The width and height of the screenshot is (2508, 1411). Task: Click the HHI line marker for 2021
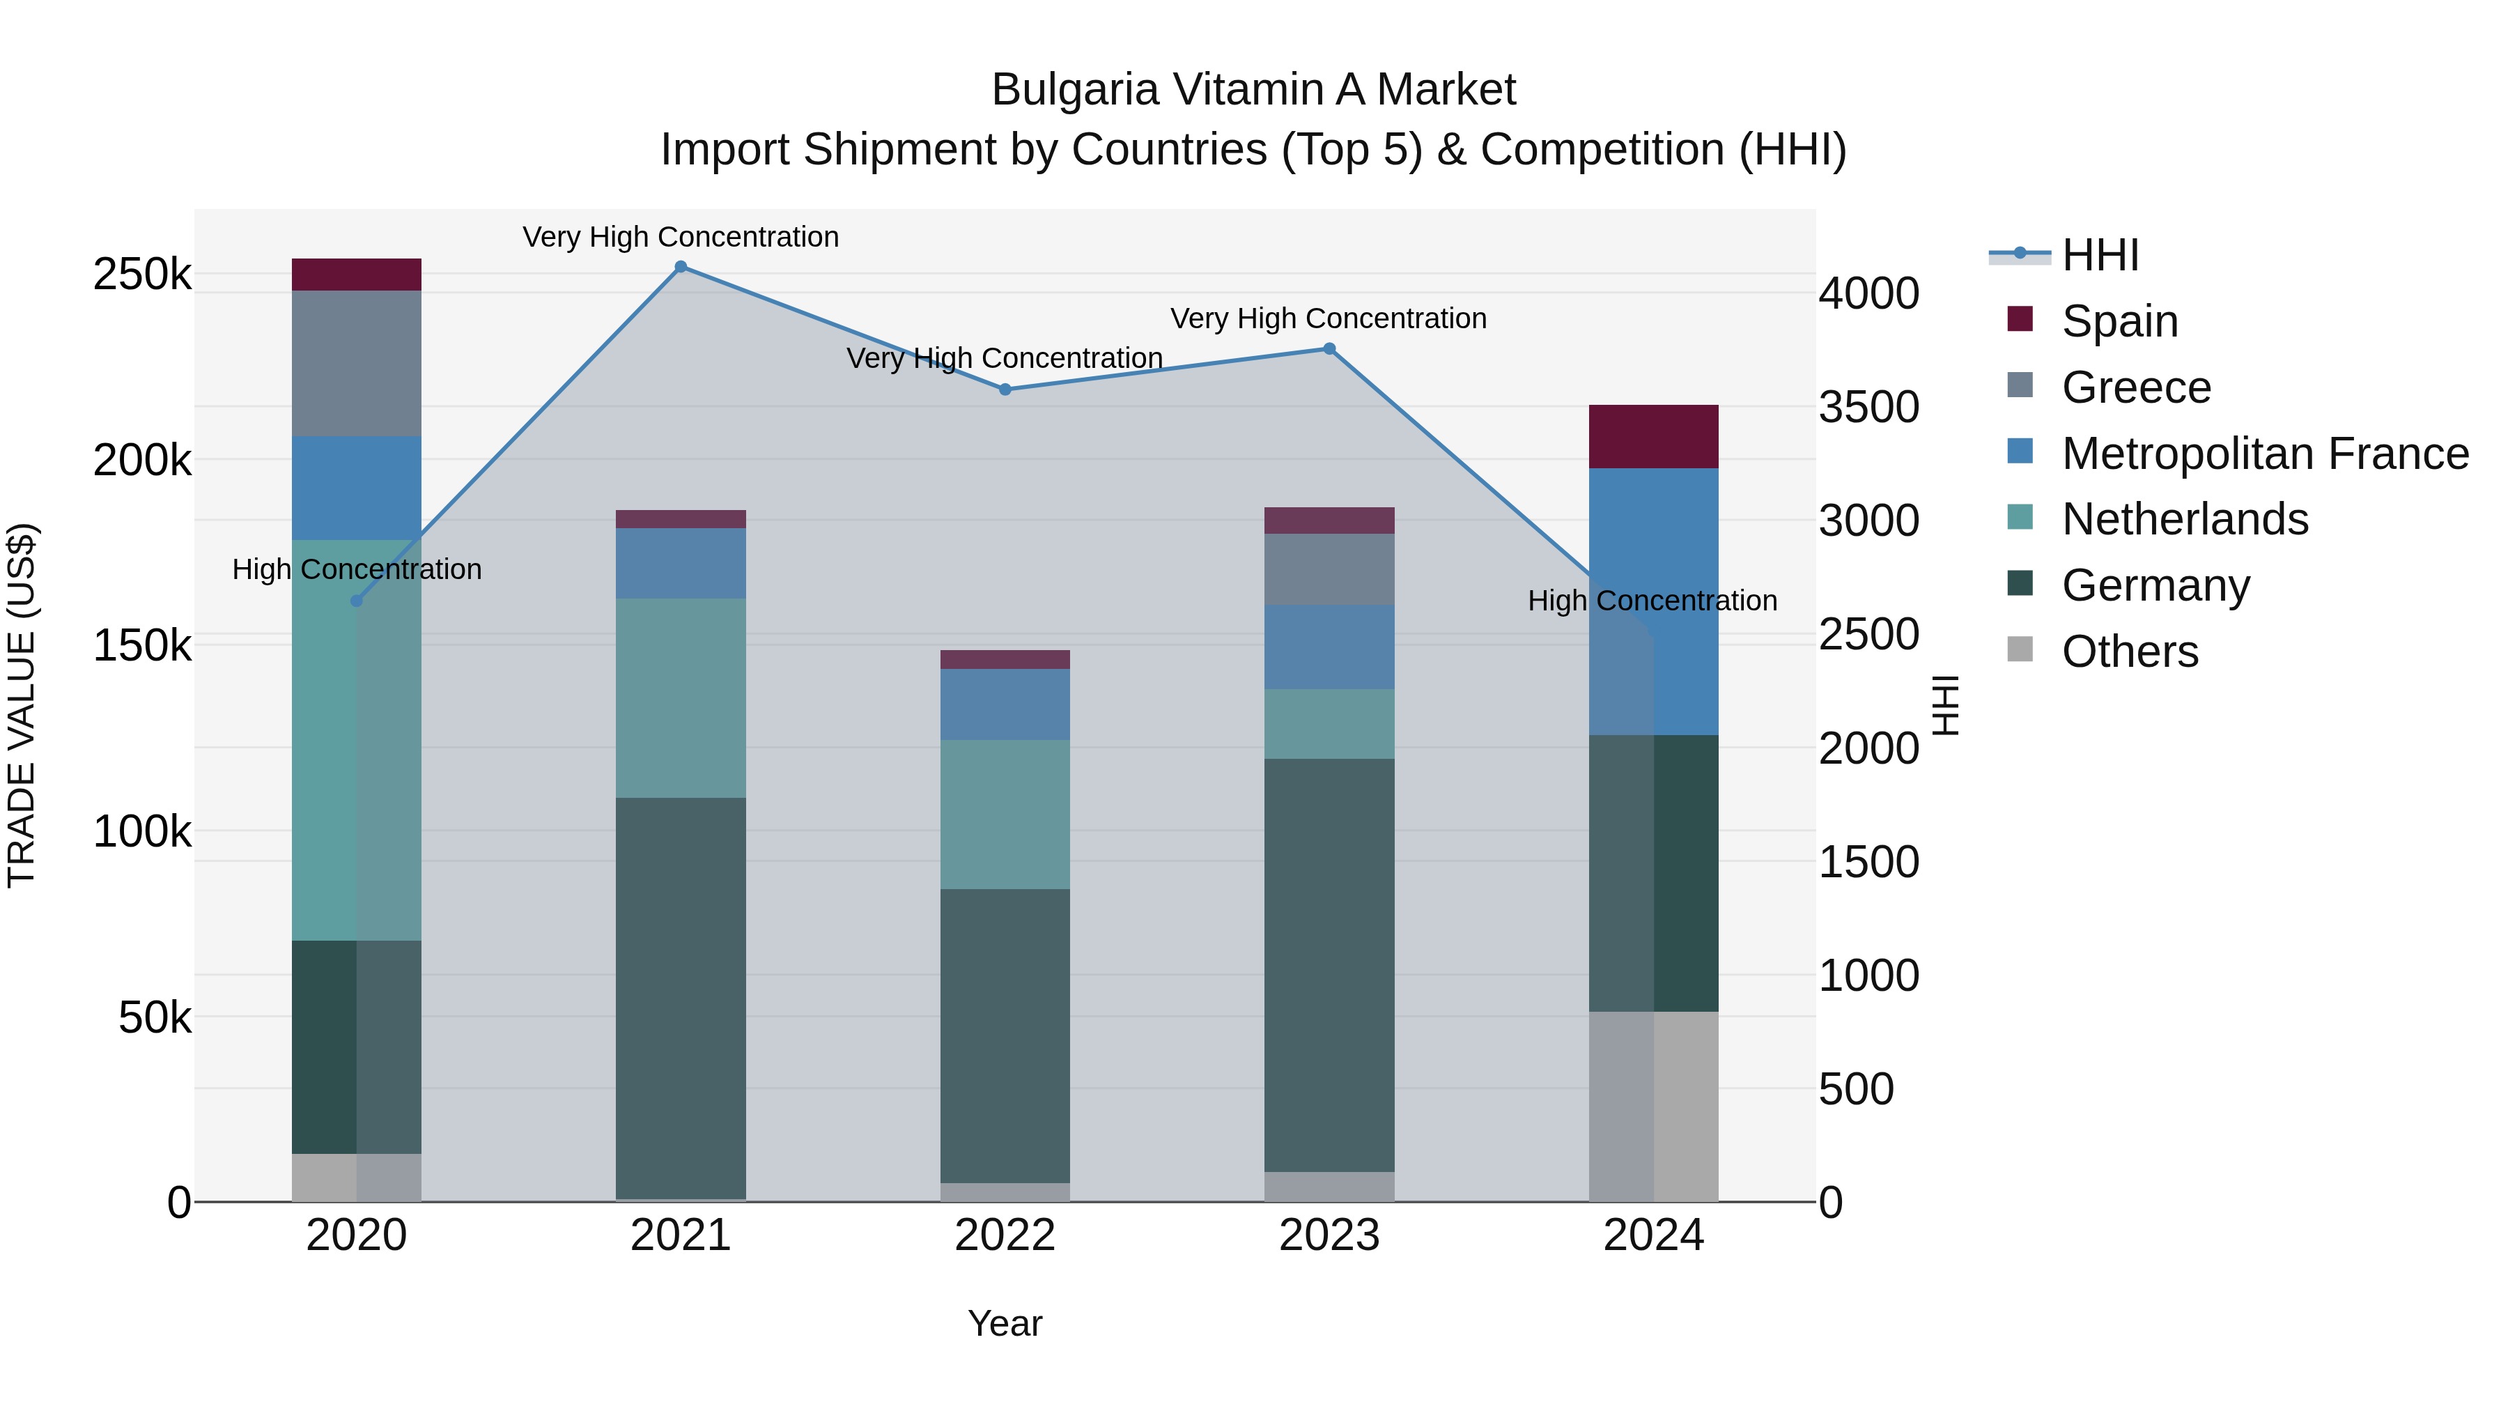[x=681, y=267]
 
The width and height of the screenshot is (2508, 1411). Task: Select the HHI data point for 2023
[x=1329, y=348]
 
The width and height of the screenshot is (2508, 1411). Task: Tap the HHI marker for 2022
[x=1005, y=390]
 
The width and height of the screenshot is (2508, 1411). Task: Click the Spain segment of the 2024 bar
[x=1653, y=436]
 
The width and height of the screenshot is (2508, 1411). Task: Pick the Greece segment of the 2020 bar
[x=356, y=363]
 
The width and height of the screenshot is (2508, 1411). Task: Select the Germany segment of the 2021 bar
[x=681, y=997]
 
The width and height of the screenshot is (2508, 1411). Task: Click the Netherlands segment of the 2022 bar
[x=1005, y=814]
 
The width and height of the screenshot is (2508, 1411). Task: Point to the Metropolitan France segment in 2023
[x=1329, y=647]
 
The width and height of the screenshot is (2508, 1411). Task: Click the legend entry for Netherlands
[x=2184, y=519]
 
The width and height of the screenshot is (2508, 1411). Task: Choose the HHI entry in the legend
[x=2099, y=255]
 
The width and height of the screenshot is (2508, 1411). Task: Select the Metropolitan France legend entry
[x=2263, y=454]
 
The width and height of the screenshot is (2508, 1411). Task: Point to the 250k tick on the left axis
[x=142, y=275]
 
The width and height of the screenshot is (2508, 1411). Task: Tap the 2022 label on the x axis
[x=1005, y=1235]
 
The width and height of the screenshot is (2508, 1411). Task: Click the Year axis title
[x=1005, y=1323]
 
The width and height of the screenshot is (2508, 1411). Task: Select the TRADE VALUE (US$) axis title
[x=22, y=705]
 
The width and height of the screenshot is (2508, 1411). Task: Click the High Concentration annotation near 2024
[x=1652, y=601]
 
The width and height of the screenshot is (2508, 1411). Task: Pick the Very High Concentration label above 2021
[x=681, y=237]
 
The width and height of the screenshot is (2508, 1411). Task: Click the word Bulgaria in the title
[x=1075, y=90]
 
